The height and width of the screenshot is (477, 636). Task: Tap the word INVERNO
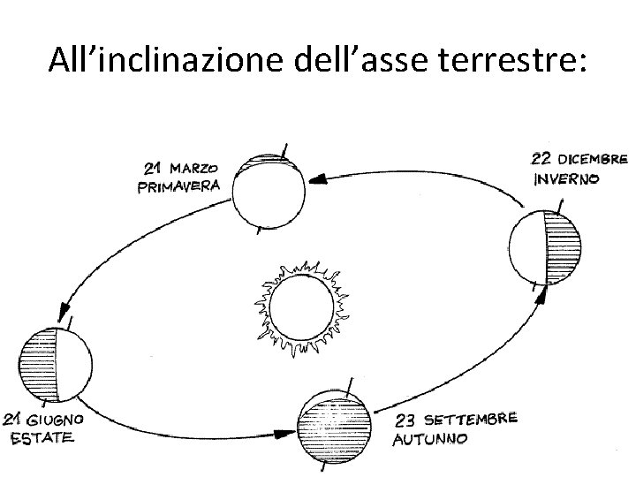point(566,178)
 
